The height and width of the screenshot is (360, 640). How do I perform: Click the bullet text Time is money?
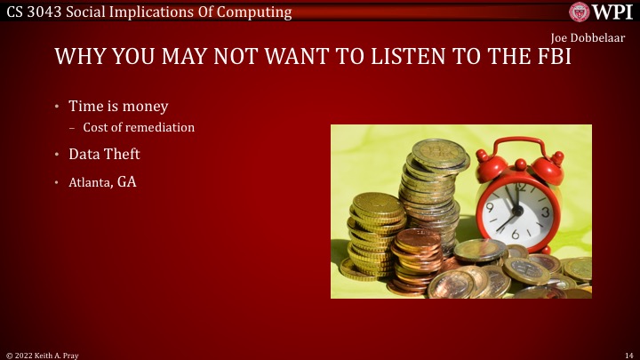click(118, 106)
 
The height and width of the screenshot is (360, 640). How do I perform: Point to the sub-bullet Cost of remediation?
click(139, 127)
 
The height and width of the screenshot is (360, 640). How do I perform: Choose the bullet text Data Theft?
click(104, 154)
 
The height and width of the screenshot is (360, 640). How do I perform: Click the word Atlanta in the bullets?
click(90, 183)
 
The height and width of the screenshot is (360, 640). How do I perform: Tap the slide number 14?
click(628, 354)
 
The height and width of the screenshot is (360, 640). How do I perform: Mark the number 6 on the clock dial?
click(516, 235)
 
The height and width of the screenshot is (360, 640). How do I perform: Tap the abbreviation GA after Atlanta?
click(126, 182)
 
